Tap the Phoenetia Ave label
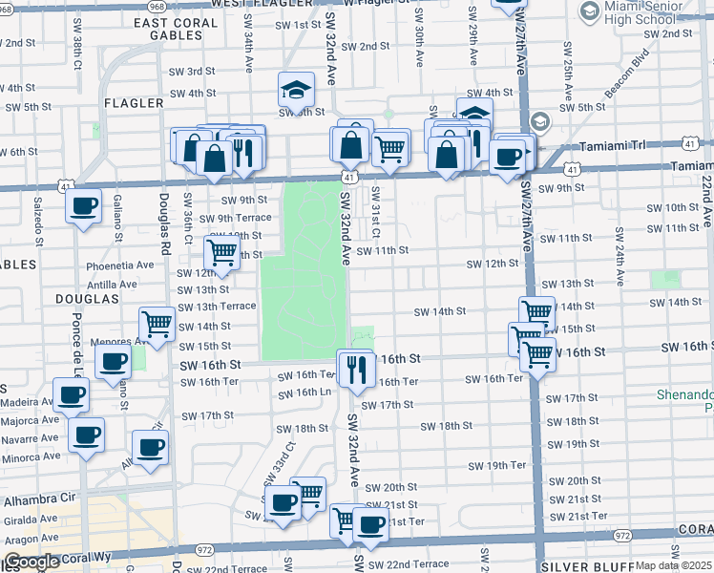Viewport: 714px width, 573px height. click(x=118, y=265)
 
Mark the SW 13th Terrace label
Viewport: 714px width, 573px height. click(x=217, y=306)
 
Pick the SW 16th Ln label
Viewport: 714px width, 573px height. click(x=305, y=393)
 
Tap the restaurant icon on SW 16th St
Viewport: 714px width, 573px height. click(x=356, y=369)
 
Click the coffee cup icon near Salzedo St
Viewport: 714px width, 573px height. click(x=84, y=205)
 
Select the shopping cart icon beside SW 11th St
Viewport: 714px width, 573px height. click(x=222, y=253)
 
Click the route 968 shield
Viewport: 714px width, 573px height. click(x=157, y=6)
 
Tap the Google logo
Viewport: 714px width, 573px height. click(x=31, y=562)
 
